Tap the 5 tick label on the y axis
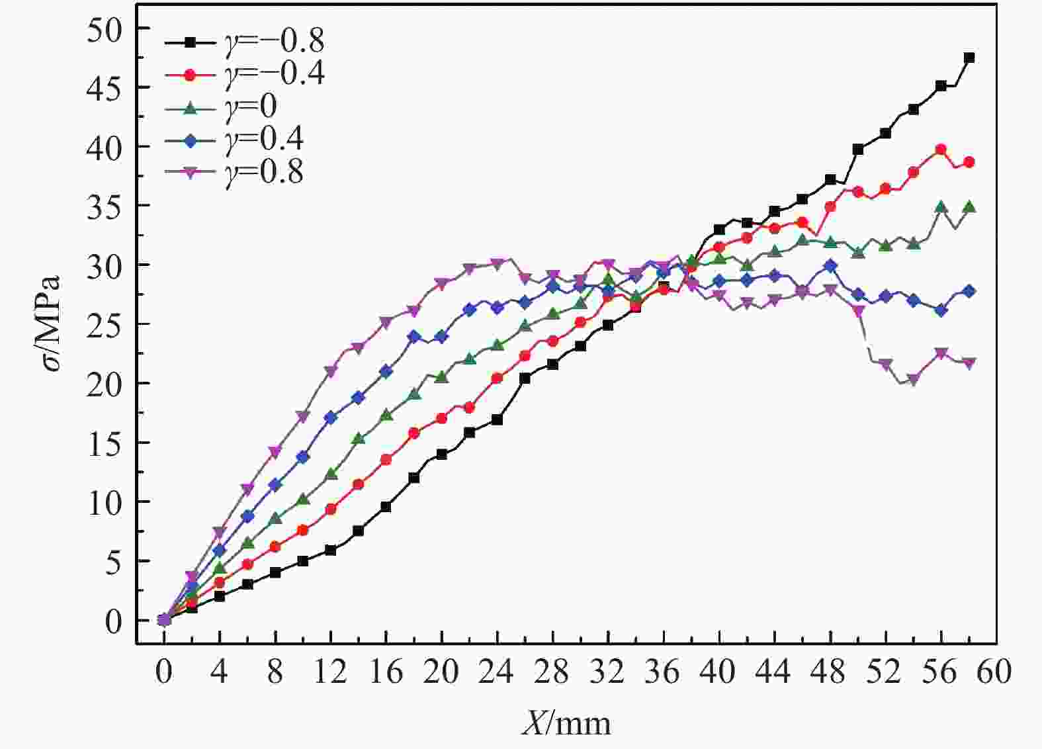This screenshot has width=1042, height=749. [114, 561]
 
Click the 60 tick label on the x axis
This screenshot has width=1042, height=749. [996, 672]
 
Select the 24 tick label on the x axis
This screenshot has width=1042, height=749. [497, 672]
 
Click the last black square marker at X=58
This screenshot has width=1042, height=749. [969, 58]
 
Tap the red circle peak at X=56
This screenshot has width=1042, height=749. [941, 150]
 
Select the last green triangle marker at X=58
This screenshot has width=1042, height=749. [969, 207]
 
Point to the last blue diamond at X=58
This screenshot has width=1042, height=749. [969, 291]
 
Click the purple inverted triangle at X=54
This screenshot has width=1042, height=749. [913, 380]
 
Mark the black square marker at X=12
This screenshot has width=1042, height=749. [330, 550]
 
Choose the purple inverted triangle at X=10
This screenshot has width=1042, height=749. [302, 417]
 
